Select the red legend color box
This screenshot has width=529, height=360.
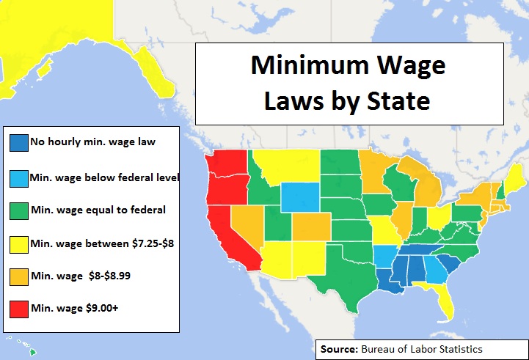18,308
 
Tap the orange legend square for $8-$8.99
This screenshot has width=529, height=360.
18,276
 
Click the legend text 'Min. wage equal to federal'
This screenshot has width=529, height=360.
98,210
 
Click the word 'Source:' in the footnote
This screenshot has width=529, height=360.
338,348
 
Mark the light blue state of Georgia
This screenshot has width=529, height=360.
433,271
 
